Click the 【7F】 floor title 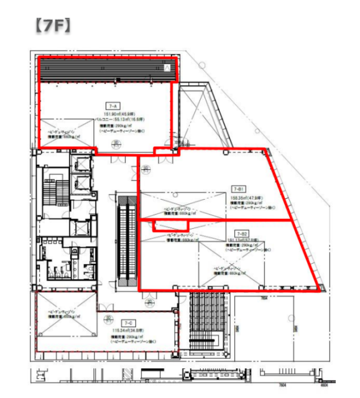pyautogui.click(x=52, y=25)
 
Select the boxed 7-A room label pyautogui.click(x=114, y=106)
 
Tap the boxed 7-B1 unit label pyautogui.click(x=238, y=188)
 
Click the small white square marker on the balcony pyautogui.click(x=166, y=67)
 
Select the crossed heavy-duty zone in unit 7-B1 pyautogui.click(x=180, y=206)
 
